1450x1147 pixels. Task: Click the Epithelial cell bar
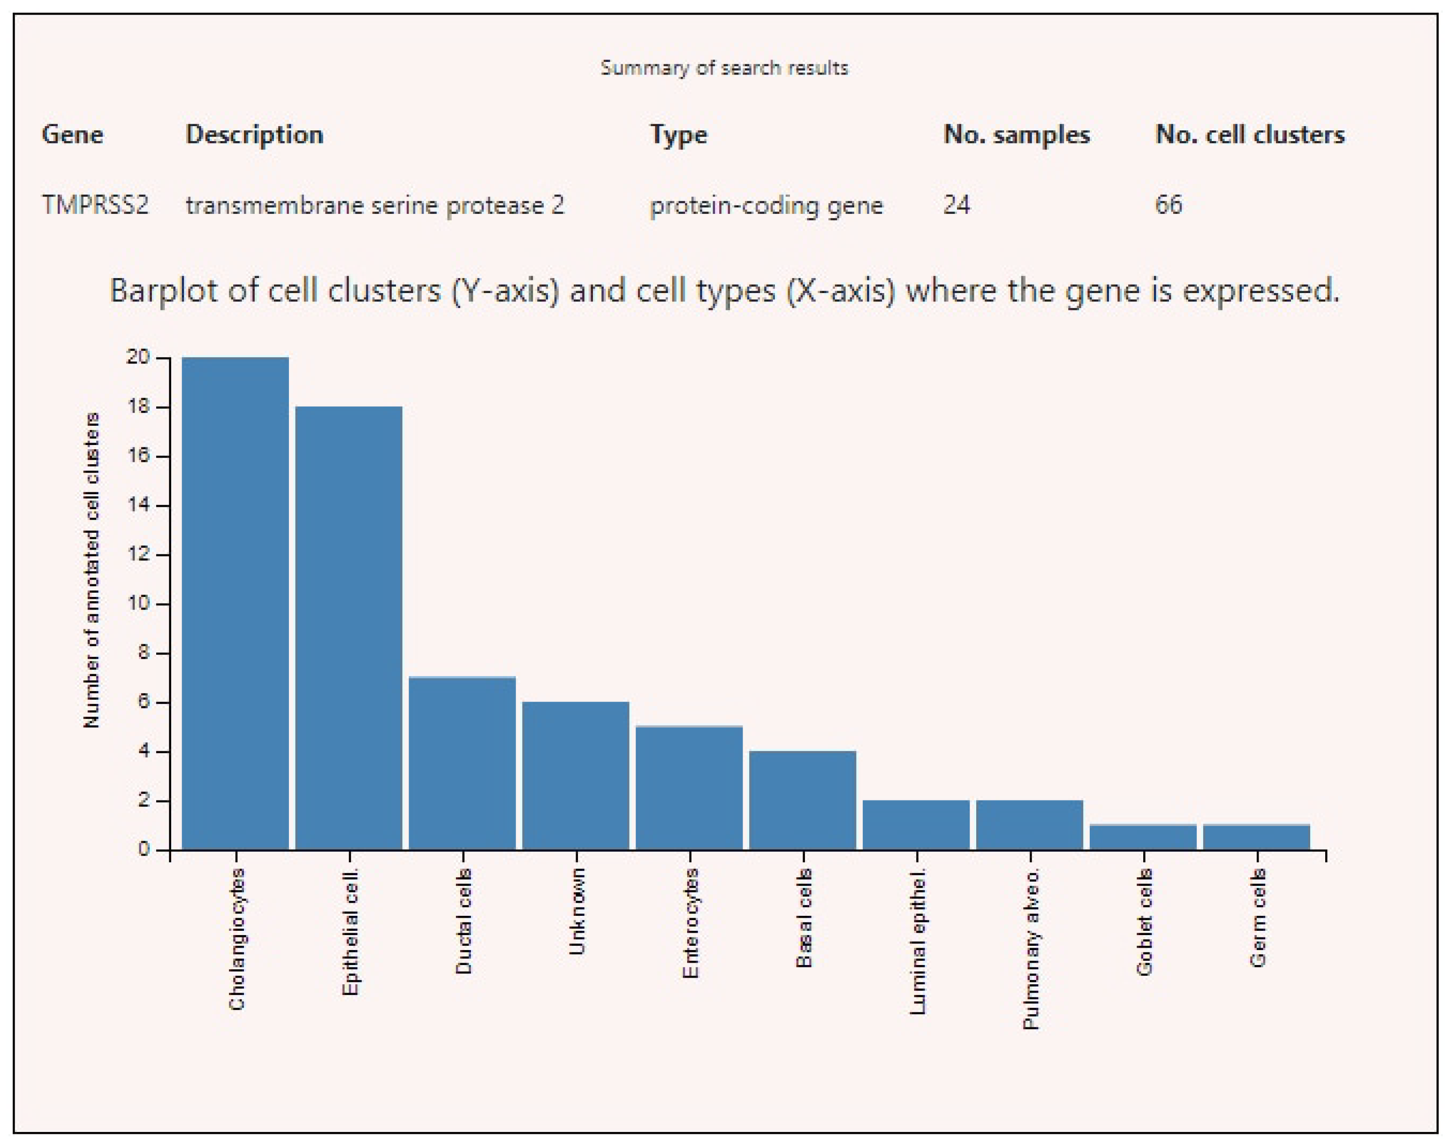(349, 628)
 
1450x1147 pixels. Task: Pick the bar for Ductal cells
(462, 763)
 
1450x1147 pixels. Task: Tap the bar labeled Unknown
(576, 776)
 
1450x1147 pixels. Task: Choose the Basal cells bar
(803, 800)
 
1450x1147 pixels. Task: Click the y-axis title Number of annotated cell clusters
(91, 571)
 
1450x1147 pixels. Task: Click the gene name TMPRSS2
(95, 205)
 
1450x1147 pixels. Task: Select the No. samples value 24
(957, 205)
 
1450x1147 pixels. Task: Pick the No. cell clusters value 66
(1169, 205)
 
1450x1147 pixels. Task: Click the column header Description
(255, 135)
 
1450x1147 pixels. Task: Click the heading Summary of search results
(724, 68)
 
